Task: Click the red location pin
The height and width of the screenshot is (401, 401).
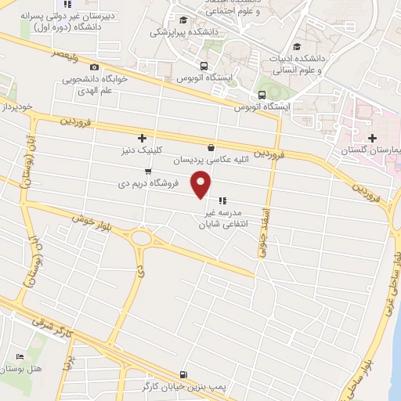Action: tap(202, 184)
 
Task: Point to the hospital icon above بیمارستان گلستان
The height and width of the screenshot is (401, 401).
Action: tap(361, 137)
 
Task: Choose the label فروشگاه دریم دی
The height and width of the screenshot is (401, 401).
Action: tap(148, 183)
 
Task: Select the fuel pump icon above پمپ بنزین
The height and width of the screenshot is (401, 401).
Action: tap(183, 374)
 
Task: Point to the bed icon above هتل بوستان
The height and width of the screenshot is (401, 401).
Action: tap(20, 356)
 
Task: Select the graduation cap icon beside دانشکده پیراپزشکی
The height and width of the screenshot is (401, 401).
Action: tap(182, 20)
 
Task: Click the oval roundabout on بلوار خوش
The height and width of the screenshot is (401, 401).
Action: tap(141, 237)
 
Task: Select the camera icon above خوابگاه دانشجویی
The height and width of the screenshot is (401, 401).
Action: tap(95, 67)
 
